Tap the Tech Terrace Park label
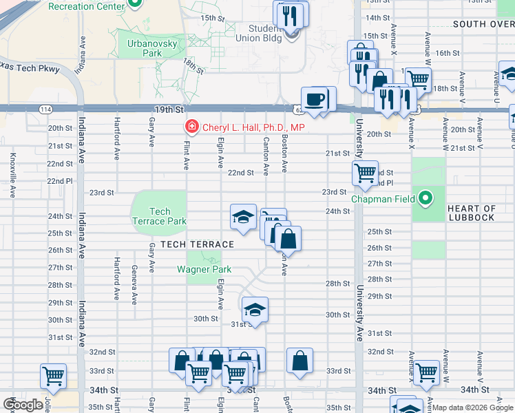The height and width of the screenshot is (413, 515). pyautogui.click(x=159, y=216)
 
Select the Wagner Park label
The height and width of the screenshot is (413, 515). pyautogui.click(x=204, y=269)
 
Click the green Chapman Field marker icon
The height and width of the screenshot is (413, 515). pyautogui.click(x=425, y=199)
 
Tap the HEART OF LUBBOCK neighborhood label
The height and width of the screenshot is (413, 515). pyautogui.click(x=471, y=213)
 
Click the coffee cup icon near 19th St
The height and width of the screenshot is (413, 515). pyautogui.click(x=315, y=98)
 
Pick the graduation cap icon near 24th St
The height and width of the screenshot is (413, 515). pyautogui.click(x=242, y=217)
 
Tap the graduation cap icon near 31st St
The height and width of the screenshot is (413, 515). pyautogui.click(x=254, y=309)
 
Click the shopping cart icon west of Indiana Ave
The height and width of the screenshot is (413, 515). pyautogui.click(x=53, y=375)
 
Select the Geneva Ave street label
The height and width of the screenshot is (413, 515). pyautogui.click(x=134, y=284)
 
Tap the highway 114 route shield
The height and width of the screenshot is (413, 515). pyautogui.click(x=45, y=109)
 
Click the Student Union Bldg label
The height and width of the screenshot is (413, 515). pyautogui.click(x=265, y=32)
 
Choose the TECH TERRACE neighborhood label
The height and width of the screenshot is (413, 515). pyautogui.click(x=198, y=244)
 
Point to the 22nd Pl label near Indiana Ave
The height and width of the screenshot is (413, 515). pyautogui.click(x=59, y=181)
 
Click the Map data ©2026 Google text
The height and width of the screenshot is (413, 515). pyautogui.click(x=472, y=407)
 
